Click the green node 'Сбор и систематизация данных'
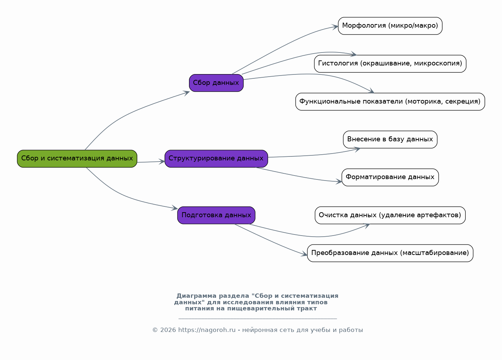click(77, 159)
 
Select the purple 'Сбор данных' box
click(216, 83)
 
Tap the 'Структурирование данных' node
click(216, 159)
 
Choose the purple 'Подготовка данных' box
click(216, 215)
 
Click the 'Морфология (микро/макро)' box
click(390, 26)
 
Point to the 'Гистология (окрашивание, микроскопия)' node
click(390, 64)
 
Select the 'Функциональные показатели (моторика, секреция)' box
click(390, 102)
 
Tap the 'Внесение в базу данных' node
click(390, 140)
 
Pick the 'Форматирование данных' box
click(390, 177)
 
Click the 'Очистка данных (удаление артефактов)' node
click(390, 215)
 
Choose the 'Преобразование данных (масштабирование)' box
click(390, 253)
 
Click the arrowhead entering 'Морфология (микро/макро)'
click(335, 27)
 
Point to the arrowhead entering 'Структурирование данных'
click(162, 161)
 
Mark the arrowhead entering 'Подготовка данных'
click(175, 208)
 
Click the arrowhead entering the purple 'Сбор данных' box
click(186, 93)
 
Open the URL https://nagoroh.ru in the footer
click(207, 330)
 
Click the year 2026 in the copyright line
click(168, 330)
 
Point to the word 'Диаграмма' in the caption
click(197, 296)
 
